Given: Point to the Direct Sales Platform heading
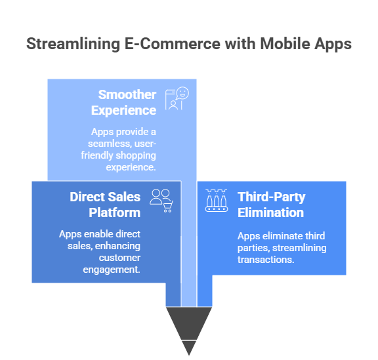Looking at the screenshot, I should pyautogui.click(x=105, y=204).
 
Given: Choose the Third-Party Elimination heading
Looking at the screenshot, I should pyautogui.click(x=271, y=204).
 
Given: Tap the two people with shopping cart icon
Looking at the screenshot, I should pyautogui.click(x=161, y=200).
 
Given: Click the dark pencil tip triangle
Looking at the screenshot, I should pyautogui.click(x=189, y=328).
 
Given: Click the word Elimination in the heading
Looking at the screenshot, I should pyautogui.click(x=271, y=212).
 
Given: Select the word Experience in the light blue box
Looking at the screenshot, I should pyautogui.click(x=124, y=110).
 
